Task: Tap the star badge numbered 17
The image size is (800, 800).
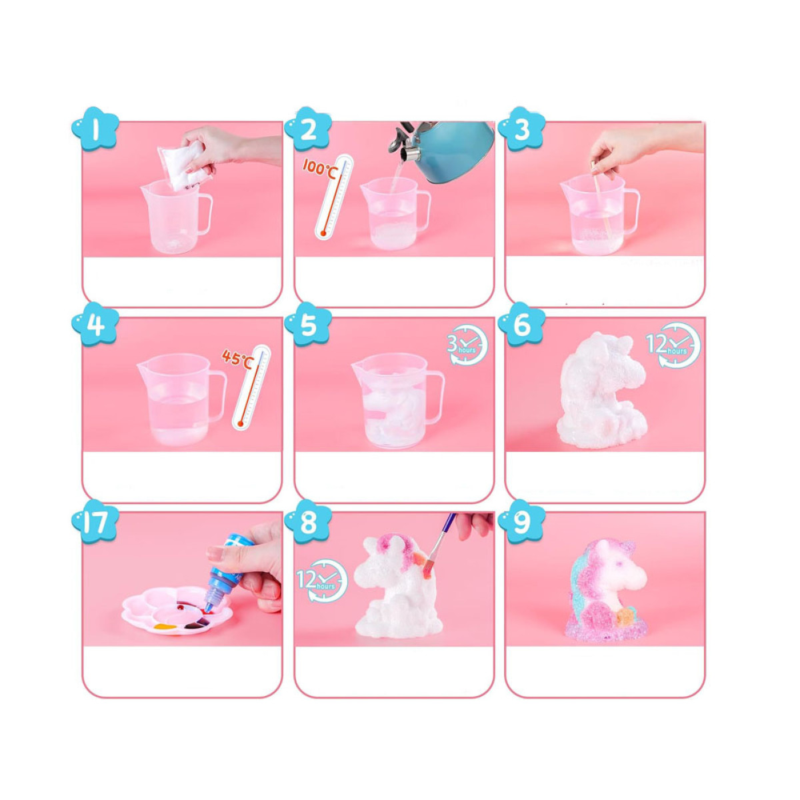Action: (x=95, y=522)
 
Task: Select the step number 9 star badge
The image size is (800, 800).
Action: (x=522, y=522)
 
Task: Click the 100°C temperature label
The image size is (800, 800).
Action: (x=319, y=167)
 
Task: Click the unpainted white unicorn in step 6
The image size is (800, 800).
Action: (x=602, y=391)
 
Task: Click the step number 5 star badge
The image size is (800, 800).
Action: (x=309, y=325)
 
